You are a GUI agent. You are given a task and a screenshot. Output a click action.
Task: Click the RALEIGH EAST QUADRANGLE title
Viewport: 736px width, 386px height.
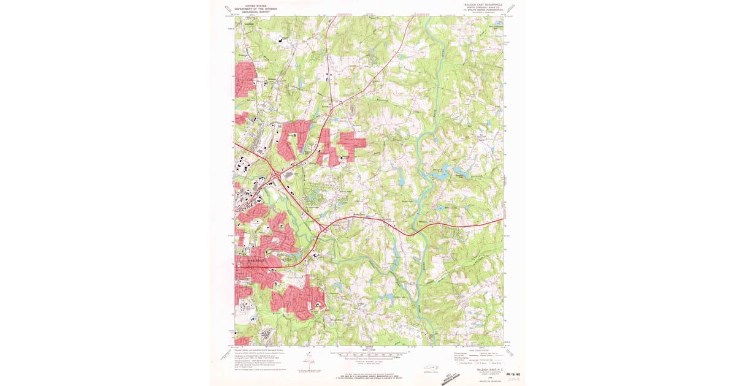[478, 4]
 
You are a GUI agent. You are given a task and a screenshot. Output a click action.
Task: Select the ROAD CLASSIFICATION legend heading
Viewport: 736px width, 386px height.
[478, 350]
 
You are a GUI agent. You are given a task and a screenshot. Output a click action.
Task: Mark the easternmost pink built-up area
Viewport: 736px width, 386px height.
[353, 140]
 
